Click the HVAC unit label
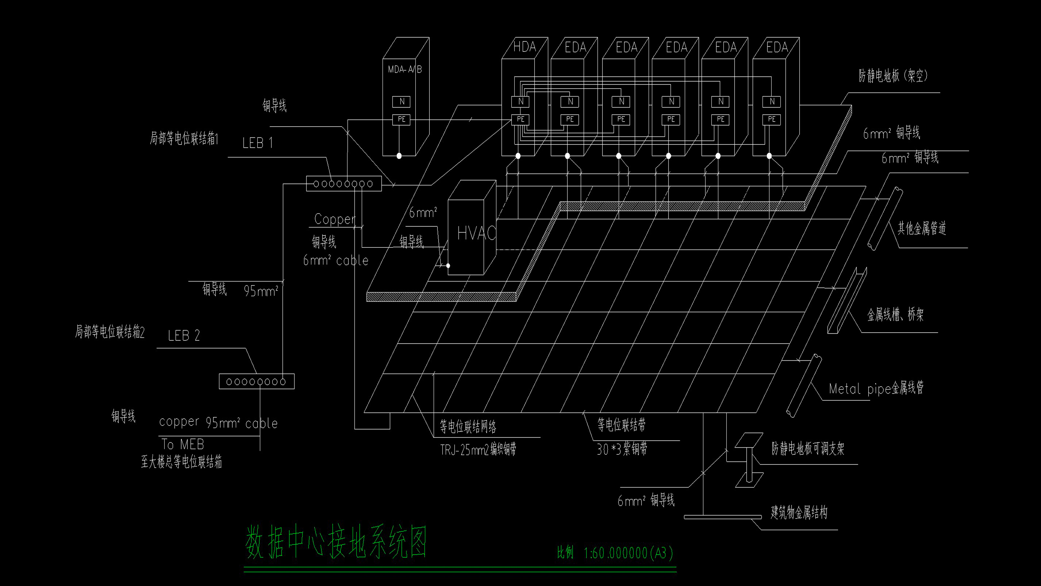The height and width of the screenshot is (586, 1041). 476,233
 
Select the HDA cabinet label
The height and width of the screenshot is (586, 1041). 524,47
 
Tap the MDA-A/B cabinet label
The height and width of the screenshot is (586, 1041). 404,70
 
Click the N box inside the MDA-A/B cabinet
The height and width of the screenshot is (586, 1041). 401,102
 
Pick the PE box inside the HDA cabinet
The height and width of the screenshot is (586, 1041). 520,119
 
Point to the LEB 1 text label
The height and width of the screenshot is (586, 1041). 257,143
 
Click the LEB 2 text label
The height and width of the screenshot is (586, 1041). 184,336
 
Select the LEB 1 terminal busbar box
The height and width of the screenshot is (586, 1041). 344,184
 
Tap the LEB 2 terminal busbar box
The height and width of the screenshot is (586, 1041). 256,381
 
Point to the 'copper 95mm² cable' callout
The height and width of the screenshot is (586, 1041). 218,423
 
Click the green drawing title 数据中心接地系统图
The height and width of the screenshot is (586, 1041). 336,542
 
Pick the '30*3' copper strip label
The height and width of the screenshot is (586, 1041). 622,449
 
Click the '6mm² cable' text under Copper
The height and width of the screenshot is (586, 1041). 336,260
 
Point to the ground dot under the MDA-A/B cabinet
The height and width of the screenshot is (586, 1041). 399,156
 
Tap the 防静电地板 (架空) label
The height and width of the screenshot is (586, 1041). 893,76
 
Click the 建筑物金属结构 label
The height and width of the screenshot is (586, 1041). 799,513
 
